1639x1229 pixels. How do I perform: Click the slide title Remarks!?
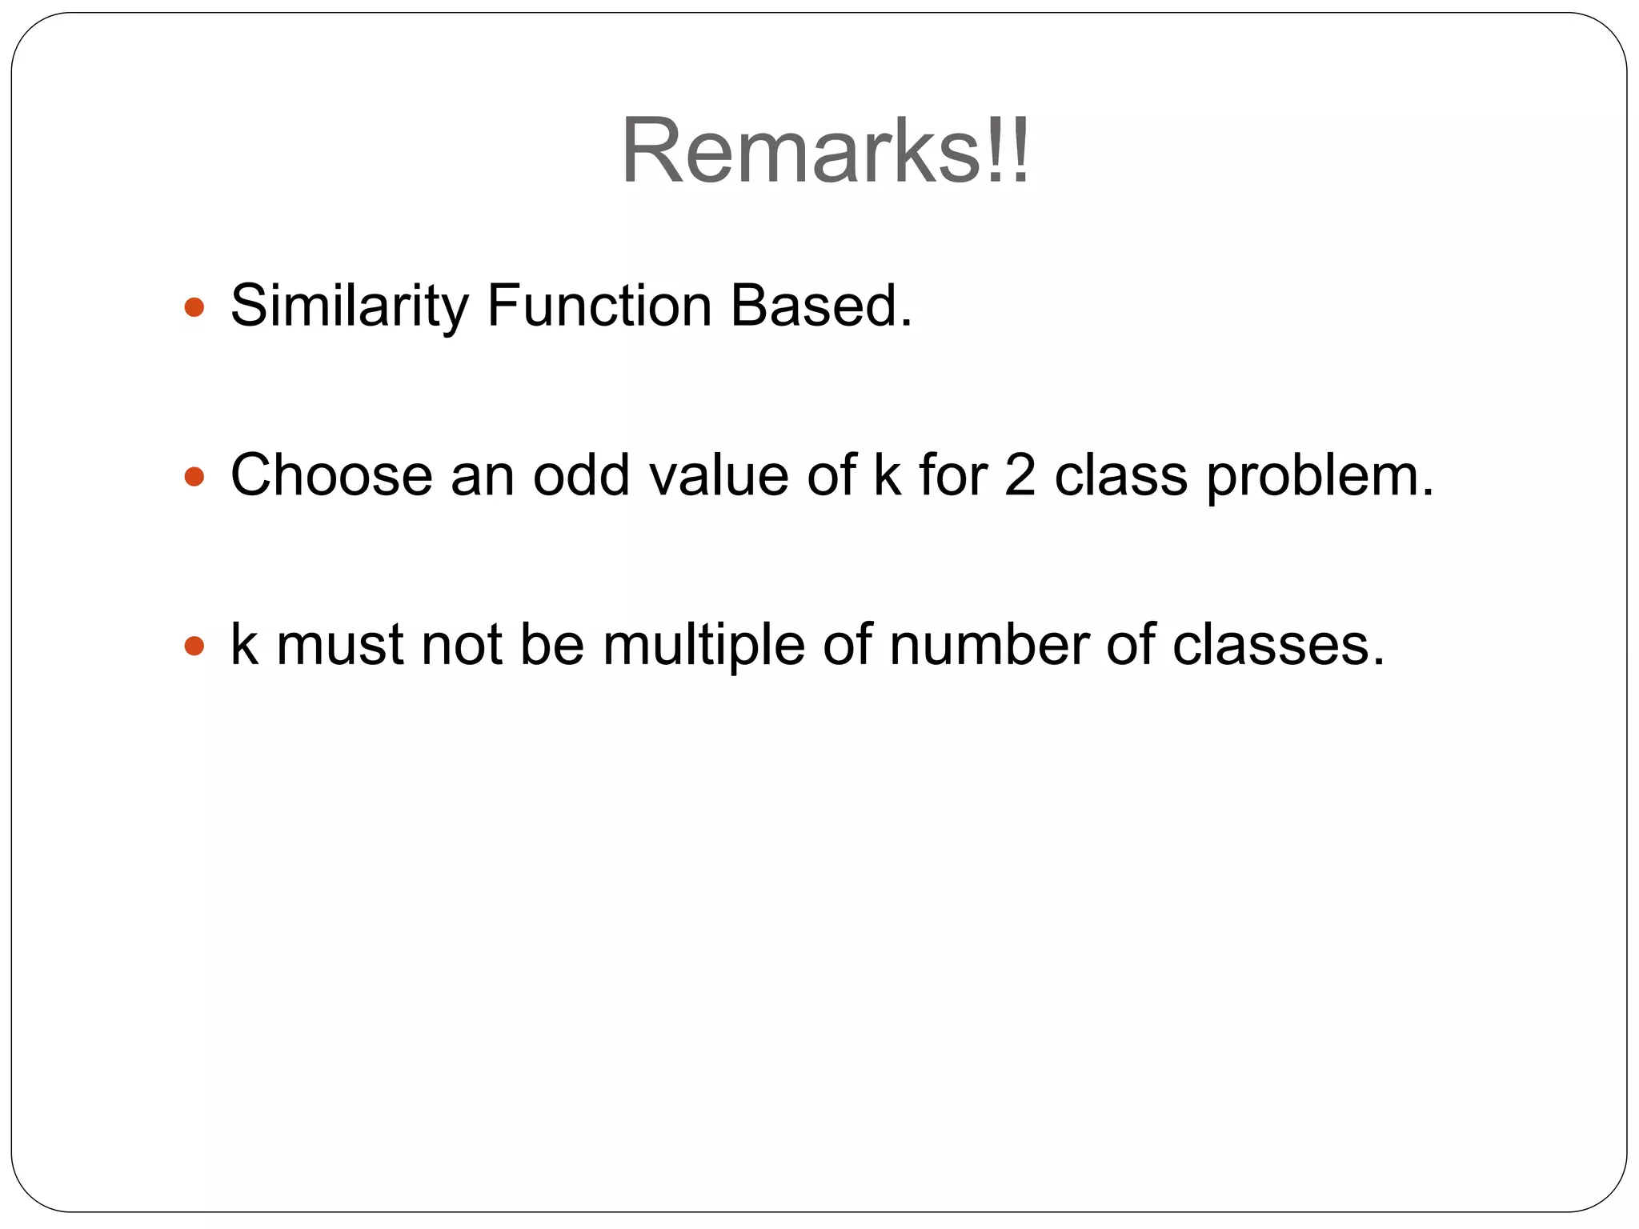coord(825,150)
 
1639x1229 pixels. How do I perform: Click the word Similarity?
coord(349,306)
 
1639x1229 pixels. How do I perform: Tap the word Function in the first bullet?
coord(599,306)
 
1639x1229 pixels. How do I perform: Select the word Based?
coord(821,306)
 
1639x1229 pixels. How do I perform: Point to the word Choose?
coord(331,475)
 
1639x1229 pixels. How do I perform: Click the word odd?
coord(581,475)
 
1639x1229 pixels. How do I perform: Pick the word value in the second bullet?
coord(718,475)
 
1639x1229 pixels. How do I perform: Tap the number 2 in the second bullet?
coord(1020,475)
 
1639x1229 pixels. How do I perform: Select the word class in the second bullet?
coord(1120,475)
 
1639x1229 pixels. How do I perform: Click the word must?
coord(339,645)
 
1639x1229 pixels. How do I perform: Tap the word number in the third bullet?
coord(988,645)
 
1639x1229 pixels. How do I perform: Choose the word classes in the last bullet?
coord(1278,645)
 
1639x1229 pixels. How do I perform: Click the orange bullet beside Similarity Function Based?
coord(194,307)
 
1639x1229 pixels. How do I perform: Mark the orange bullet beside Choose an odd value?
coord(194,477)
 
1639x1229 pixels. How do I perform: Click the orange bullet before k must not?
coord(194,646)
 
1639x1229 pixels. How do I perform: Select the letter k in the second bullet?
coord(887,475)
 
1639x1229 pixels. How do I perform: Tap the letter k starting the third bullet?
coord(244,645)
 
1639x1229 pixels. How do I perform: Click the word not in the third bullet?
coord(462,645)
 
